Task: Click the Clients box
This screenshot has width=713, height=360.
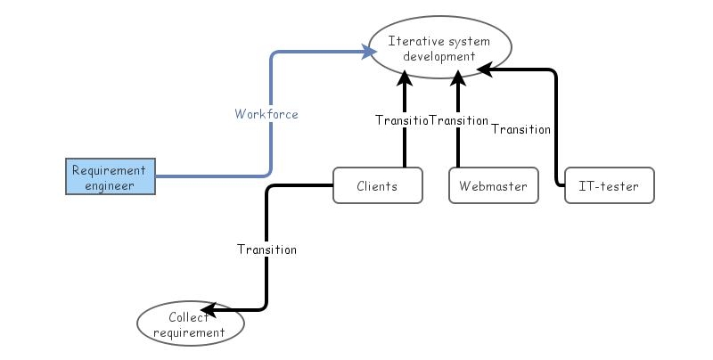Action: pos(377,186)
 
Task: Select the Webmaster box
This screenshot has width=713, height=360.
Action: pos(493,186)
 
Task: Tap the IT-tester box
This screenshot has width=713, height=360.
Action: pos(610,186)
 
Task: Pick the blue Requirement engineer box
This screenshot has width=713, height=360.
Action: pos(110,177)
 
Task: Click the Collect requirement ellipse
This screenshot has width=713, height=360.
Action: pos(190,324)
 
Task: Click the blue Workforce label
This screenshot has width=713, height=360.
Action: pos(266,114)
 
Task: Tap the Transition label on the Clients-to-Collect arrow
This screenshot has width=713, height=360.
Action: pos(266,250)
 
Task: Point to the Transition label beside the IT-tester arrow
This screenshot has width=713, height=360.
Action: pos(521,129)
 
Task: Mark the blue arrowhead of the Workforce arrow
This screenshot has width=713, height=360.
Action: pos(369,53)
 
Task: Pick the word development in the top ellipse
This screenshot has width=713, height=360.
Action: pos(439,56)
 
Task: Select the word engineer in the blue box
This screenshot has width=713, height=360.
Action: pos(110,185)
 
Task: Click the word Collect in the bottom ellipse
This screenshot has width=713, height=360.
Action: pos(189,317)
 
